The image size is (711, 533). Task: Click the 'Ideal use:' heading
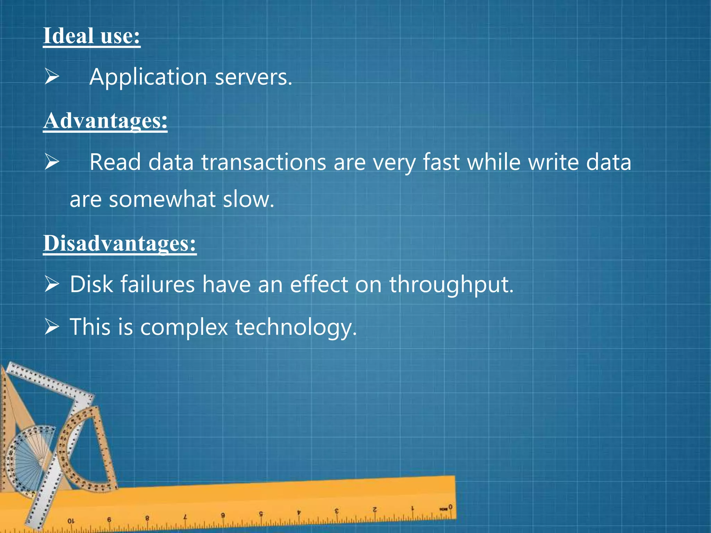(x=92, y=36)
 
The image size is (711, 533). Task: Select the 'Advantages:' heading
(x=105, y=121)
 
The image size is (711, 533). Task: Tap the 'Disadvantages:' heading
(x=120, y=243)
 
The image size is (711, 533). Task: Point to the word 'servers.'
(x=253, y=77)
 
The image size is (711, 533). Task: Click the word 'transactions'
(x=264, y=162)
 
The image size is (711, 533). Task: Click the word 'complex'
(x=184, y=327)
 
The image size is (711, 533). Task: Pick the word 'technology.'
(x=296, y=328)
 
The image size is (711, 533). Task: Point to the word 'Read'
(x=115, y=162)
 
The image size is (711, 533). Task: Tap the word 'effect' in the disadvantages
(x=319, y=285)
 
